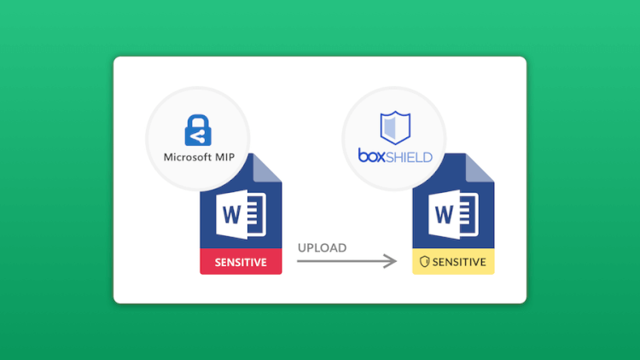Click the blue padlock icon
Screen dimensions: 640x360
(198, 131)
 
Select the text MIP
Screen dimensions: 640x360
(225, 157)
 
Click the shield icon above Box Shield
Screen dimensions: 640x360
(395, 128)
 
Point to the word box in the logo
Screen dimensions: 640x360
(371, 155)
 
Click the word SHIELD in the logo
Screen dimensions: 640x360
(409, 157)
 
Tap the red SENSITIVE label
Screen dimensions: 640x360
(241, 261)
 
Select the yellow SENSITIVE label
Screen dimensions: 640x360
(453, 261)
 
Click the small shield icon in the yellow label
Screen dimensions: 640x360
(424, 262)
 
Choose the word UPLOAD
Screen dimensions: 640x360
(322, 247)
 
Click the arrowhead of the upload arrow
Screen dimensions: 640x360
(390, 261)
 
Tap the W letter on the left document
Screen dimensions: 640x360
(232, 214)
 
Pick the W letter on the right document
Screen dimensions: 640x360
(445, 214)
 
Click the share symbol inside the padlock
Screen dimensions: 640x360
(198, 137)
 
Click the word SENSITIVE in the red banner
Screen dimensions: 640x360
(241, 262)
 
